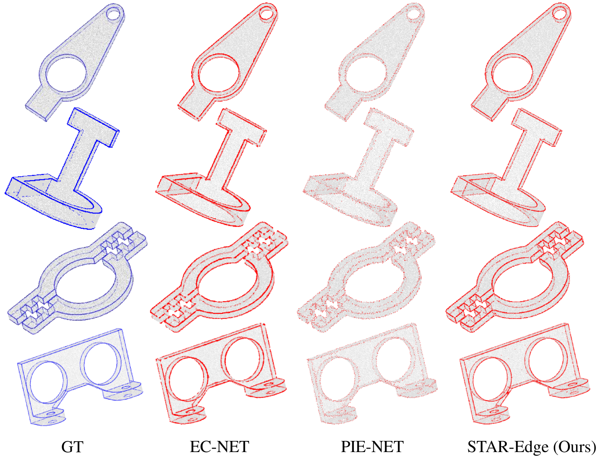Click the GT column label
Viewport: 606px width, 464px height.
click(72, 447)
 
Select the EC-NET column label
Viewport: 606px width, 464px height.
click(219, 447)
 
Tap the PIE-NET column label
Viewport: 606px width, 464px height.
click(372, 447)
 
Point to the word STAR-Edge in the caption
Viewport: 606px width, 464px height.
click(508, 447)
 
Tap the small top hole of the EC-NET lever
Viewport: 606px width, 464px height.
click(266, 14)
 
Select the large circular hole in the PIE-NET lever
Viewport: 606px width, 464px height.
click(365, 74)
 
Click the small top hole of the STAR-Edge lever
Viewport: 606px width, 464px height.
click(560, 14)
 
